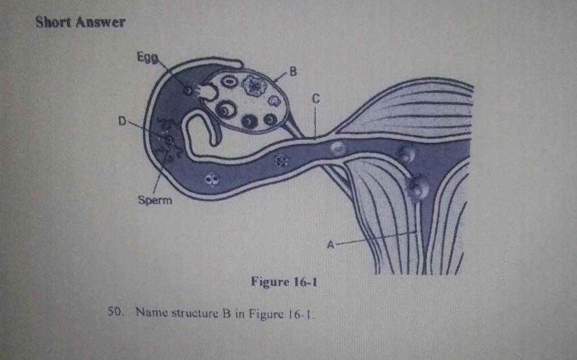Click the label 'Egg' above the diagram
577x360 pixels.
(145, 57)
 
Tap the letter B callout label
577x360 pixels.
(293, 72)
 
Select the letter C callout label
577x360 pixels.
(314, 99)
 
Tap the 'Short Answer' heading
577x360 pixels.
(80, 23)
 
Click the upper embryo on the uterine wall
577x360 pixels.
(405, 152)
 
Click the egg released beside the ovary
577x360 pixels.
(187, 90)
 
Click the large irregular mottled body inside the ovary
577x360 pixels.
(253, 86)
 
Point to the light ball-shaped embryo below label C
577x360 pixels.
(337, 148)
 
